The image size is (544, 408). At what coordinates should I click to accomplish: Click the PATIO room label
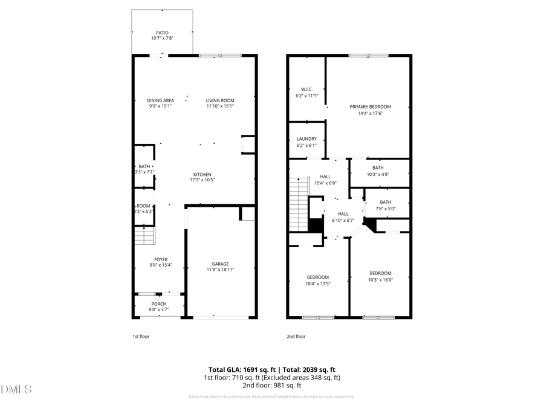click(162, 33)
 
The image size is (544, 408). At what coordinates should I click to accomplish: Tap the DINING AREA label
click(160, 100)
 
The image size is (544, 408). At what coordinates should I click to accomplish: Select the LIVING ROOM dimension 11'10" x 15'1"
click(220, 106)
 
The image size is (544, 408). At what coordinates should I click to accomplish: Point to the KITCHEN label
click(202, 174)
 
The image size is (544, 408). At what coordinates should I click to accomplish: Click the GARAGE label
click(220, 264)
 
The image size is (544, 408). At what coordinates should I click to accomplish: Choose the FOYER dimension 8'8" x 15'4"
click(160, 265)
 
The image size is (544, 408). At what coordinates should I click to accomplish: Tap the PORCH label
click(158, 303)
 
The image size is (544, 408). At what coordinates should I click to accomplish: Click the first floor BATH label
click(144, 166)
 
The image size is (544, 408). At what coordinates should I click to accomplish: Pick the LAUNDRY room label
click(306, 139)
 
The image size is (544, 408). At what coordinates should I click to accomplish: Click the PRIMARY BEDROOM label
click(370, 106)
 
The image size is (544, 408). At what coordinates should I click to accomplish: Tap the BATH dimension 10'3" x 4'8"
click(378, 174)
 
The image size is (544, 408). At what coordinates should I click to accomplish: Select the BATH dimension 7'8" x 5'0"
click(386, 209)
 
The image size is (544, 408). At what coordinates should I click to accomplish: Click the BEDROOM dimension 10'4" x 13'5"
click(317, 283)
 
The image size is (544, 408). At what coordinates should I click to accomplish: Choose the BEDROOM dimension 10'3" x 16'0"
click(380, 279)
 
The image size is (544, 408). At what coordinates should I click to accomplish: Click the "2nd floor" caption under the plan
click(296, 337)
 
